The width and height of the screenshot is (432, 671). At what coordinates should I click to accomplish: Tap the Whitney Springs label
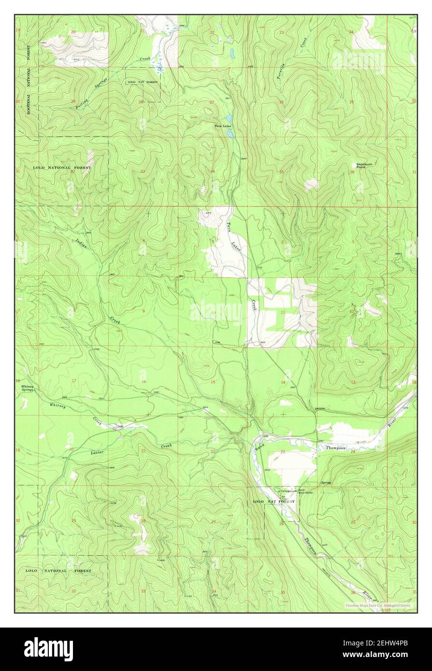coord(28,388)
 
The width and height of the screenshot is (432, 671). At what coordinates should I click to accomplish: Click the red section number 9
coord(143,311)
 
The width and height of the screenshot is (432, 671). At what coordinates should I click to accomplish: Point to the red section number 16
coord(143,381)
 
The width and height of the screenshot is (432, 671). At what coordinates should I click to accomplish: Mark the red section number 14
coord(283,382)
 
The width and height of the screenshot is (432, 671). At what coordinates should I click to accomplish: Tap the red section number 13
coord(353,382)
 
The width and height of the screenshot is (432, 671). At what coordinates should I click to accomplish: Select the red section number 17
coord(73,381)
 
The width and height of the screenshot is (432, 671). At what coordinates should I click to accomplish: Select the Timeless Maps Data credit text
coord(377,605)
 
